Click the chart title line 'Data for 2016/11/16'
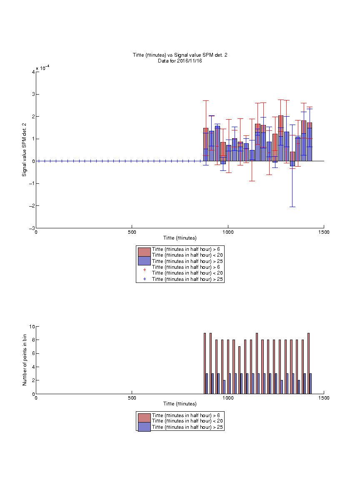180,60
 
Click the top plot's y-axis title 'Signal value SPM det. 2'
24,150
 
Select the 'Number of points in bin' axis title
25,360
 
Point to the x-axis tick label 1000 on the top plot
228,232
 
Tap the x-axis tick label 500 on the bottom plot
132,398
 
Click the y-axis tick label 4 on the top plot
33,72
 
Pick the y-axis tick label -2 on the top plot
32,206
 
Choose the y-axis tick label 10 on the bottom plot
32,327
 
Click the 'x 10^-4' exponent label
42,67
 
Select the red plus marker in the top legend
145,270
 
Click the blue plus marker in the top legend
145,279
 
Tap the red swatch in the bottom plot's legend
144,418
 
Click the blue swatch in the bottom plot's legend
144,427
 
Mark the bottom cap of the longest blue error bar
292,207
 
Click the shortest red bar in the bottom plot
240,370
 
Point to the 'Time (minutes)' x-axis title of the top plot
180,238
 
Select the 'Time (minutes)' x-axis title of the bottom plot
180,404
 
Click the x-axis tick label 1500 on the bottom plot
324,398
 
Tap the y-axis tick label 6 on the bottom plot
33,353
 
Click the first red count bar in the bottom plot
205,363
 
